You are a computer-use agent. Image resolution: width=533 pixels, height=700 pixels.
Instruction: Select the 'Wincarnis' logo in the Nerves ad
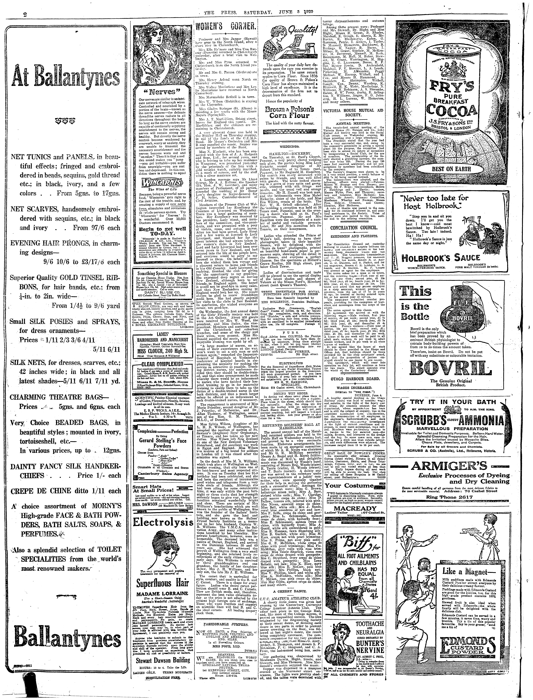click(157, 184)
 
